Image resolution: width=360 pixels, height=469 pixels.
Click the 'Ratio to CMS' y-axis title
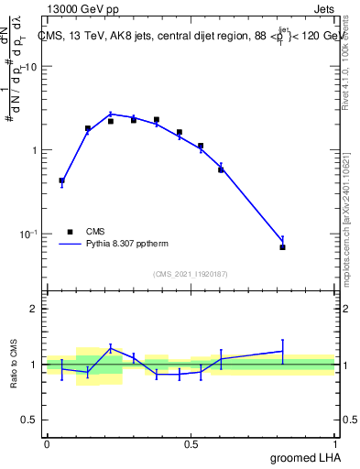pos(14,364)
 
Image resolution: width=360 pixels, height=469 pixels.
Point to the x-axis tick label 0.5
pos(191,444)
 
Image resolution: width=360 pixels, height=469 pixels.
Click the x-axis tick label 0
pos(47,444)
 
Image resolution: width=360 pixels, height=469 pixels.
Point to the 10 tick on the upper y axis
pos(31,68)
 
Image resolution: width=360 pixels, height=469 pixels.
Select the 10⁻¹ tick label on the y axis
pos(28,234)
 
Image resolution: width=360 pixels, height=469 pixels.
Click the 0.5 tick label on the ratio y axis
pos(31,420)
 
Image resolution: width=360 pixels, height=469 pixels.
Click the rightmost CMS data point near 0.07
pos(283,247)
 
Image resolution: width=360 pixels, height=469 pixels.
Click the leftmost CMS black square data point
pos(61,180)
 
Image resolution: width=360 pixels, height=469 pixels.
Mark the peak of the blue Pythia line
pos(111,114)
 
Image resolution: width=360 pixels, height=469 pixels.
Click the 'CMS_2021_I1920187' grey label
pos(190,273)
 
